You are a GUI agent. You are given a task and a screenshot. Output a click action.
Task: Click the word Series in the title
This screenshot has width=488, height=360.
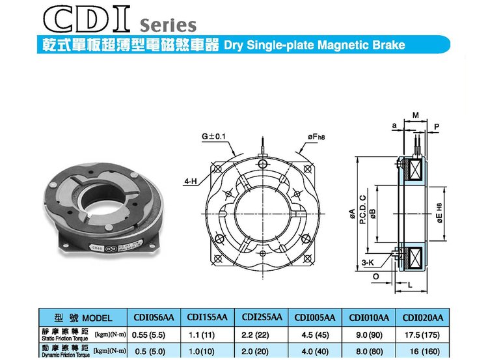168,25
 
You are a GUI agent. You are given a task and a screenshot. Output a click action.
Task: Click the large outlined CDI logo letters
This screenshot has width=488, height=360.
87,19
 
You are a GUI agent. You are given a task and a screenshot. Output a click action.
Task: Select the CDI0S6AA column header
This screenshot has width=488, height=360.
154,317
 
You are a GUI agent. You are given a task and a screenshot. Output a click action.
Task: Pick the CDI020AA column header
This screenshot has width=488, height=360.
422,318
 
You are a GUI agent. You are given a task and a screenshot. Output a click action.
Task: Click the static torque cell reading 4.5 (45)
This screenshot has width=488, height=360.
315,335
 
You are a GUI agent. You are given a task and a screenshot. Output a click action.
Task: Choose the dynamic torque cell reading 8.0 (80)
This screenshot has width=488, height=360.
369,352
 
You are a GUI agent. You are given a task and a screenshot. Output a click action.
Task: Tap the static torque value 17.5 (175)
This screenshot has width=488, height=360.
422,335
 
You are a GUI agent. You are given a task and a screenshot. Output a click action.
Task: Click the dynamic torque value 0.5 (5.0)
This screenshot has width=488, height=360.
150,352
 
